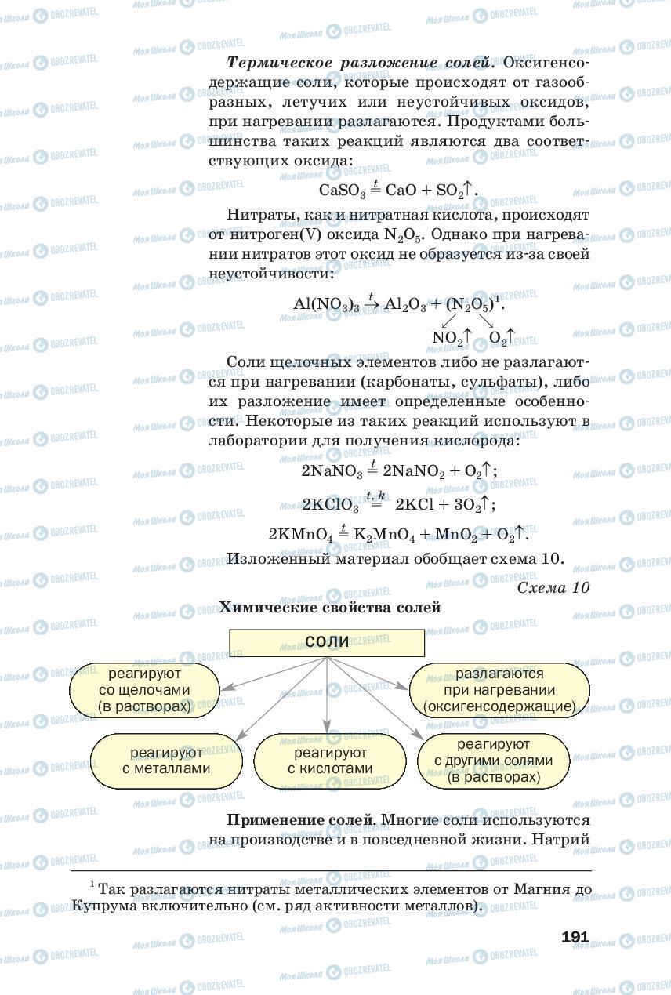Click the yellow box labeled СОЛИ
[326, 642]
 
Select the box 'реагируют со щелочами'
[145, 690]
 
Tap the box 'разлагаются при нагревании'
[499, 690]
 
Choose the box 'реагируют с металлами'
[166, 761]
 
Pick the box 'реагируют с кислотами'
[330, 761]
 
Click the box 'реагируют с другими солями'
[494, 761]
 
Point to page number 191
[575, 937]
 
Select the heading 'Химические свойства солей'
[330, 608]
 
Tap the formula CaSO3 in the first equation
[343, 191]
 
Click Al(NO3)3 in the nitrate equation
[326, 304]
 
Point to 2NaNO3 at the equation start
[332, 470]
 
